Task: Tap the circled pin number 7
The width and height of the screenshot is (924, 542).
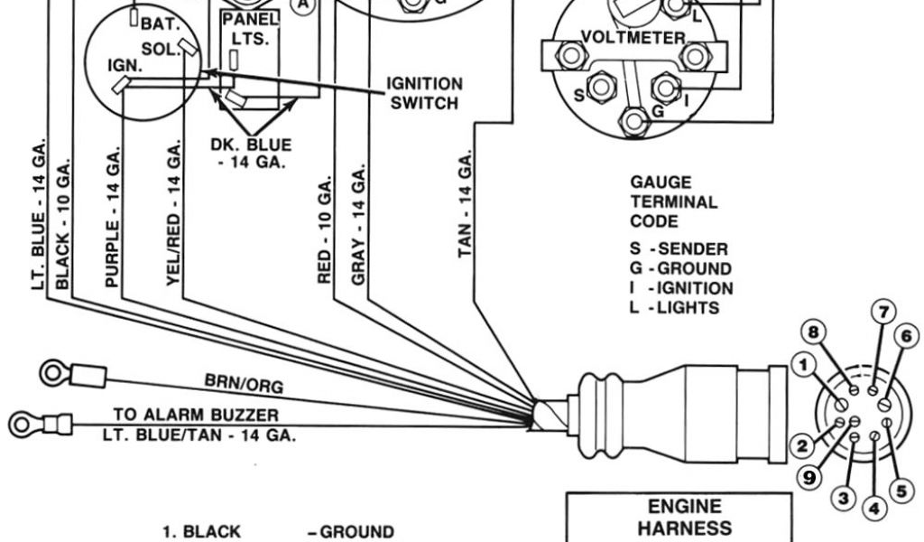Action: (x=884, y=313)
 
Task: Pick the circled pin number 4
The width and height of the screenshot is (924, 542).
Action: (x=873, y=508)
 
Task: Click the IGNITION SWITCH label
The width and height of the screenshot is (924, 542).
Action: (x=424, y=93)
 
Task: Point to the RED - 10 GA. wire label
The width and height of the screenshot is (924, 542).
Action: (x=326, y=231)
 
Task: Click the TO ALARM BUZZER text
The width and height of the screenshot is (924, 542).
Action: (x=196, y=415)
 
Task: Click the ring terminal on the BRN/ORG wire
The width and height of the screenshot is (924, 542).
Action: (x=50, y=372)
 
